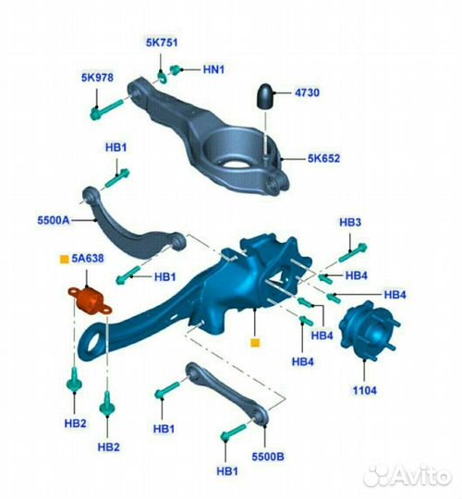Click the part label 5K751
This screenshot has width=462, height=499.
[x=162, y=43]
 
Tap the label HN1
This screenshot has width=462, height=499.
[x=213, y=69]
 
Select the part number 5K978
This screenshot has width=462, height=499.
[x=97, y=78]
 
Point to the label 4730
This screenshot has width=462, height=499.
[x=307, y=92]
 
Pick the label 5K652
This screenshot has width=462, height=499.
[x=323, y=158]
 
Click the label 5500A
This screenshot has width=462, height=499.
[x=54, y=220]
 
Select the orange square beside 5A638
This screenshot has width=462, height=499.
[x=65, y=259]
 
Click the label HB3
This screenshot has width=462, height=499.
[x=350, y=222]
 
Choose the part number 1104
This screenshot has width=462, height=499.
[x=365, y=390]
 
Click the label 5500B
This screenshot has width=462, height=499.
[x=268, y=456]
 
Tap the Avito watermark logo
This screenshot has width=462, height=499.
[x=407, y=476]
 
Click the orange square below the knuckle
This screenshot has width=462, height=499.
[x=255, y=343]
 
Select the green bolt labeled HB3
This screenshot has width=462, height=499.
[x=353, y=252]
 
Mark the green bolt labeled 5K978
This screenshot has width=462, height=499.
[x=106, y=110]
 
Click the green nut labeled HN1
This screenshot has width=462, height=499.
[x=176, y=69]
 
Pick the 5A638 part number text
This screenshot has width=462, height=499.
[x=88, y=258]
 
